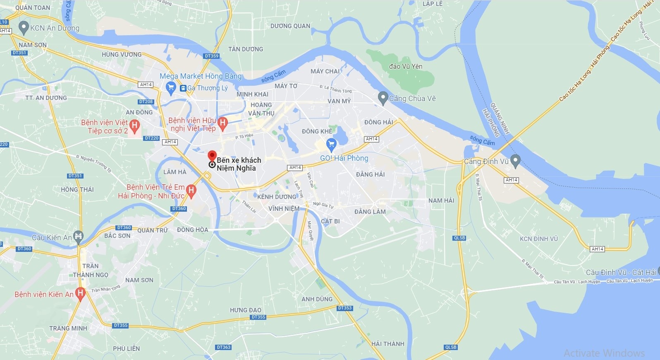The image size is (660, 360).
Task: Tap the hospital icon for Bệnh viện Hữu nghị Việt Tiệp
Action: click(222, 123)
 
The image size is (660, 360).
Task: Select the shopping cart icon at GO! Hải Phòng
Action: click(331, 145)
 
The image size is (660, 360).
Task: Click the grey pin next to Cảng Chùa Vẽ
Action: click(383, 98)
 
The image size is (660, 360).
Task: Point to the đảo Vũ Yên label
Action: click(406, 66)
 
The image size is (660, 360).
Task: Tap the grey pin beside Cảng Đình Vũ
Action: click(515, 160)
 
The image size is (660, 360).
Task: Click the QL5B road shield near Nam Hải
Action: click(459, 238)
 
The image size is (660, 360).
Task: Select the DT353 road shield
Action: click(345, 308)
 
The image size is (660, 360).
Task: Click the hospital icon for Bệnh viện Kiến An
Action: click(80, 293)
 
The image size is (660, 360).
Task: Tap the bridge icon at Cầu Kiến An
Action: click(78, 237)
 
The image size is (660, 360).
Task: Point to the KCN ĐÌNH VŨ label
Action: click(538, 239)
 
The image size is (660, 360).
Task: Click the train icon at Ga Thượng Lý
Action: click(183, 88)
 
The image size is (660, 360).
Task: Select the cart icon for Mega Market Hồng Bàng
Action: click(170, 87)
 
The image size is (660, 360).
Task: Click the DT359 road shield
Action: click(211, 56)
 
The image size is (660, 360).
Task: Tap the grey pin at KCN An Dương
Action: click(24, 28)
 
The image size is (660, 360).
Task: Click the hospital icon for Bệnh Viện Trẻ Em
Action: click(191, 190)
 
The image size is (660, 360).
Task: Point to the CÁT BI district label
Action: click(330, 221)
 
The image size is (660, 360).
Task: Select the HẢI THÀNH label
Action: click(387, 344)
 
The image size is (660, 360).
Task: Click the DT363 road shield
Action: click(223, 347)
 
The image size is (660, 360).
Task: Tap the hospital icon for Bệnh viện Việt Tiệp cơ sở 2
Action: click(134, 125)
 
